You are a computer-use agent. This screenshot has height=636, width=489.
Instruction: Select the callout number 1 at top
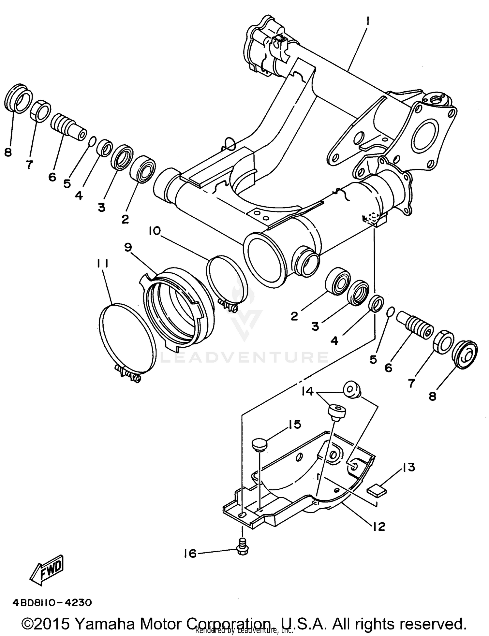[367, 22]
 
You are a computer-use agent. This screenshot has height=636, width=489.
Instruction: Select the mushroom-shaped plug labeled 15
[259, 445]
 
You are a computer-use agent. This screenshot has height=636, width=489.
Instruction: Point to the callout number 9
[128, 248]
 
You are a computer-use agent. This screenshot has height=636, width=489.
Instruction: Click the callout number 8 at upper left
[8, 152]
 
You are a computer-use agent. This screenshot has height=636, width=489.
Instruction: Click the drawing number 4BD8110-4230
[52, 602]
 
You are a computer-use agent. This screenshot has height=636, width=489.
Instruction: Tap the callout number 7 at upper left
[29, 165]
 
